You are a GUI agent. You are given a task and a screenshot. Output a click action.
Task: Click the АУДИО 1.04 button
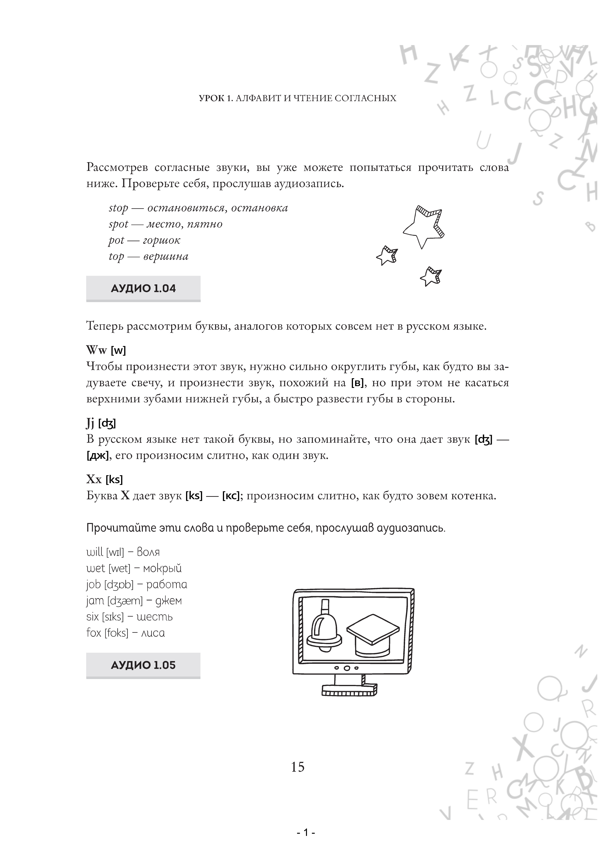click(143, 289)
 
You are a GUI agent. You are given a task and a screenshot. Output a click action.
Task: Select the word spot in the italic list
click(118, 224)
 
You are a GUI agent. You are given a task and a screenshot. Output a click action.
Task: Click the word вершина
click(166, 257)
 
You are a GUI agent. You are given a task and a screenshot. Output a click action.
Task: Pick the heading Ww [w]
click(106, 350)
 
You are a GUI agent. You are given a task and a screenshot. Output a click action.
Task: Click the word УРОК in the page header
click(211, 98)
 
